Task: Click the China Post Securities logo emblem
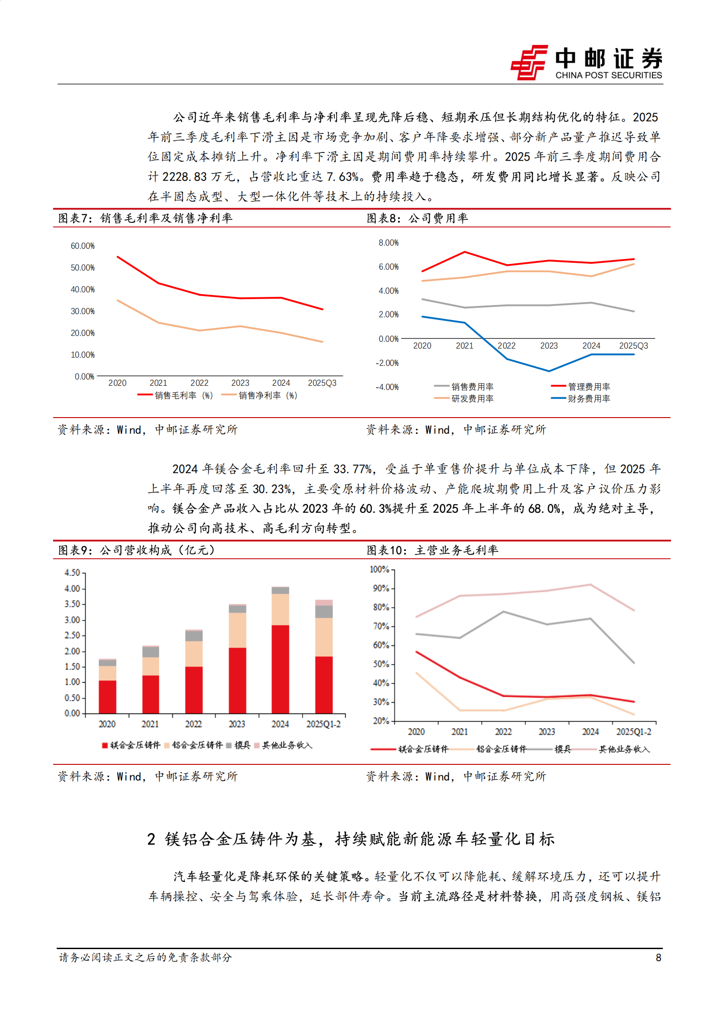(529, 63)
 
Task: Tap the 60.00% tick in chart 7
(83, 246)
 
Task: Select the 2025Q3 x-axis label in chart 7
(322, 383)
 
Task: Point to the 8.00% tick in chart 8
(388, 243)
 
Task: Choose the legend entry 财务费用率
(589, 399)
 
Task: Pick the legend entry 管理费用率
(589, 387)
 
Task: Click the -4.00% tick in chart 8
(387, 387)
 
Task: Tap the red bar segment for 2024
(280, 669)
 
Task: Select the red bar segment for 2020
(108, 697)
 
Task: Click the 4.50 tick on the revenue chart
(72, 573)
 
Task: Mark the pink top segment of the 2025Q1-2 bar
(324, 603)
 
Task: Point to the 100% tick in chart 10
(379, 569)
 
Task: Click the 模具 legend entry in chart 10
(563, 749)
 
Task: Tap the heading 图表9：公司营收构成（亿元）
(137, 550)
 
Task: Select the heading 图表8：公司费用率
(417, 218)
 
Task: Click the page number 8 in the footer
(658, 958)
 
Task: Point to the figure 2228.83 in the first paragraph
(185, 177)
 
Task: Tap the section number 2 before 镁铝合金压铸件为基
(152, 839)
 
